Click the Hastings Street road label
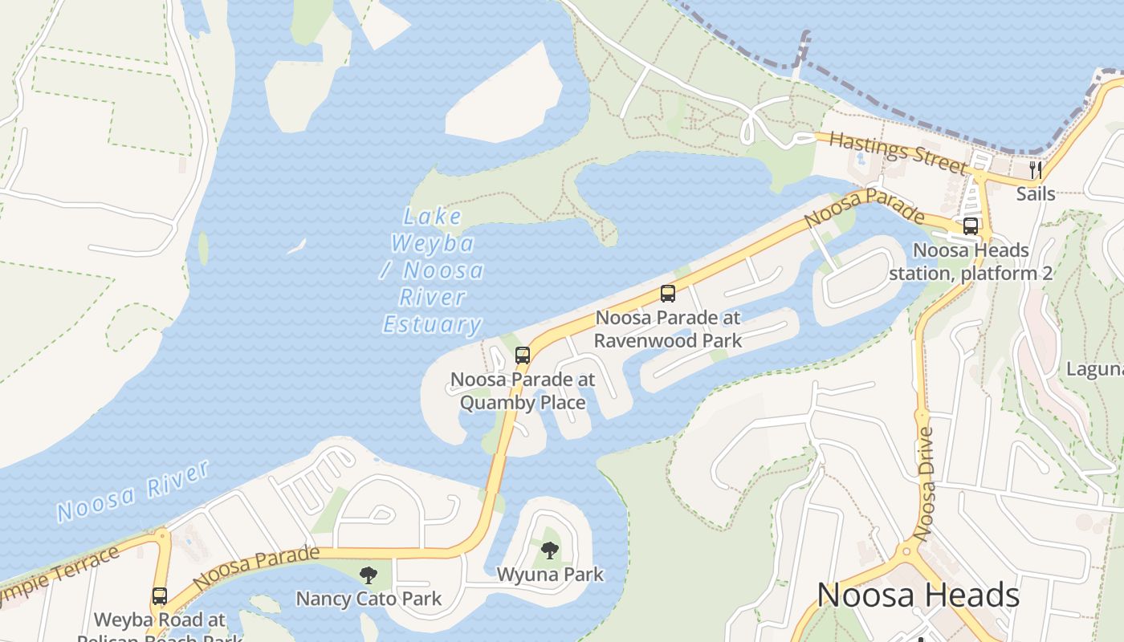click(898, 153)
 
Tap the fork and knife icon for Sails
click(1036, 169)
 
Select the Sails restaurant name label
click(1036, 193)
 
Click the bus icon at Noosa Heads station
click(971, 226)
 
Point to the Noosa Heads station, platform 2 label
click(971, 262)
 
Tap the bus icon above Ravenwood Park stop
click(668, 294)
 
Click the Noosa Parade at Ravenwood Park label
click(668, 329)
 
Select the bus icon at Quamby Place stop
click(523, 355)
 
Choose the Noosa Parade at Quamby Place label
click(523, 391)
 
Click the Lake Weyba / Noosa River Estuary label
click(433, 270)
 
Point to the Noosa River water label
click(133, 490)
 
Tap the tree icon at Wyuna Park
click(550, 551)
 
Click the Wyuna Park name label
click(550, 575)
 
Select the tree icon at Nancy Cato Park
click(369, 575)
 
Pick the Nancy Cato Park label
click(369, 599)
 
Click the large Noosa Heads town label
click(918, 595)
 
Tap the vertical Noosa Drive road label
click(926, 483)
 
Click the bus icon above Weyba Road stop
click(160, 596)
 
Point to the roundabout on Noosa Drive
click(907, 551)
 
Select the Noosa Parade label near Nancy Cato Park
click(256, 567)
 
